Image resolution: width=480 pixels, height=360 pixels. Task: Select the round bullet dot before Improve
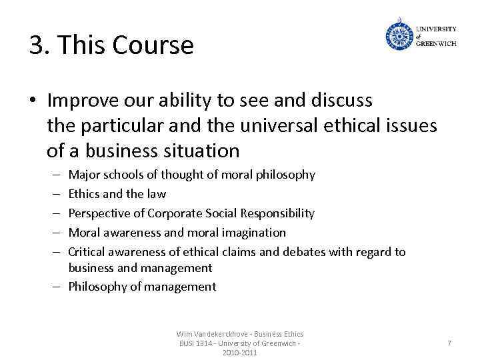click(x=33, y=101)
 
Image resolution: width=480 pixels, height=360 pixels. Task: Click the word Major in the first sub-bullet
click(x=83, y=175)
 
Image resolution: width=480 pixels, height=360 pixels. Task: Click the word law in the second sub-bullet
click(x=157, y=194)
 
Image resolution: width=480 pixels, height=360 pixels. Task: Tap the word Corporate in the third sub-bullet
click(x=175, y=213)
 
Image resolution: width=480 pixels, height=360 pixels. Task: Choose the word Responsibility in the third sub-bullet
click(x=280, y=213)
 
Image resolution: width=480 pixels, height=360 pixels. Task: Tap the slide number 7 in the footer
click(x=449, y=343)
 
